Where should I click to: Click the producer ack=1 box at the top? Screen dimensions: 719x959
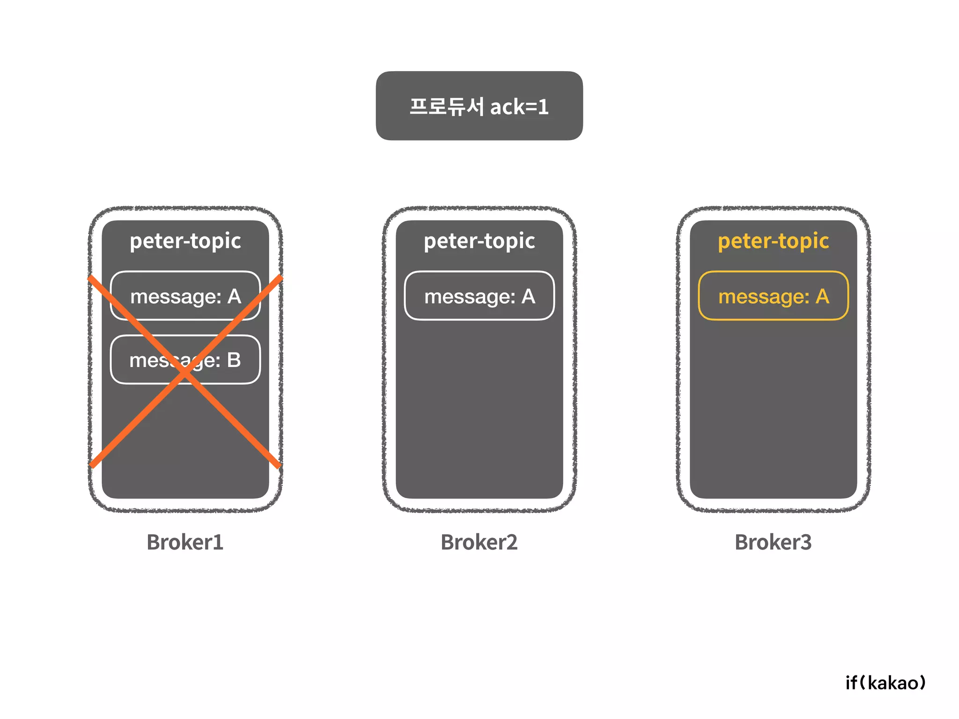pos(479,106)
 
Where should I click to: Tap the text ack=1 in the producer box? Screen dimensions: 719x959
pos(519,107)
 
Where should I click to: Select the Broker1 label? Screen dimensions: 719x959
pos(185,542)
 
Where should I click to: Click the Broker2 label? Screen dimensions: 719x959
pos(479,542)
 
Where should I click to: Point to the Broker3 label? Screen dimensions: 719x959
pos(773,542)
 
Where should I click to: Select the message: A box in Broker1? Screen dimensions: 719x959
pos(185,296)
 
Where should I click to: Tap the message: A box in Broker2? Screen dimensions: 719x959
pos(479,296)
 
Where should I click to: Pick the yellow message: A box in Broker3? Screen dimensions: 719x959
pos(773,296)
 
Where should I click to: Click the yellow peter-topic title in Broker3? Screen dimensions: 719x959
pos(773,241)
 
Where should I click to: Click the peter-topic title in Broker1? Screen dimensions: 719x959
pos(185,241)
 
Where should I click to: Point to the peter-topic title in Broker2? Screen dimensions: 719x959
pos(479,241)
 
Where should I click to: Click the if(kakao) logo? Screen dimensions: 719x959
pos(885,683)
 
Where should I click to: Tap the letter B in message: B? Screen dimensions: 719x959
pos(234,360)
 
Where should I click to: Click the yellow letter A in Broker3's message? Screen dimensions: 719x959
pos(822,296)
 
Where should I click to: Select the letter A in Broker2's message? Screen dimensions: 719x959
pos(528,296)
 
